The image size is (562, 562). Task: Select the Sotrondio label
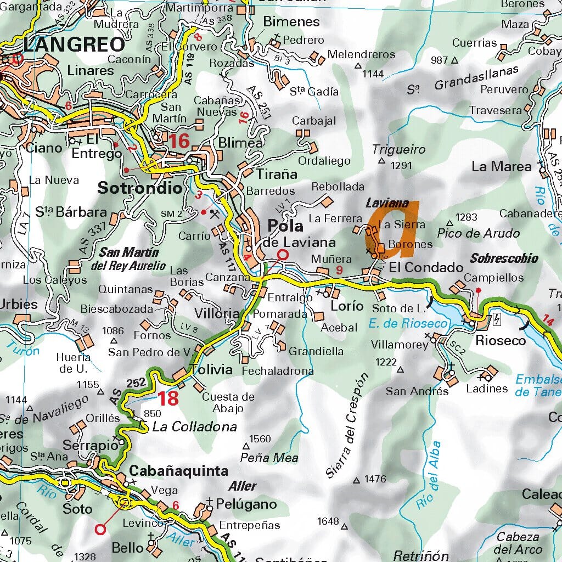pos(139,188)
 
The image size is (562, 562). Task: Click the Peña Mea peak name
pos(269,458)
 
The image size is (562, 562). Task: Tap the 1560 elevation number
pos(260,439)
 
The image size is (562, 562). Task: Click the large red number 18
pos(168,398)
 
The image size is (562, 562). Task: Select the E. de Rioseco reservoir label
pos(408,324)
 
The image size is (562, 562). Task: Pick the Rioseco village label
pos(500,340)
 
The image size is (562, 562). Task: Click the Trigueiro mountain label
pos(398,149)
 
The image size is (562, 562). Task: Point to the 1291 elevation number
pos(401,164)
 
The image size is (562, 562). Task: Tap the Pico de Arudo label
pos(478,233)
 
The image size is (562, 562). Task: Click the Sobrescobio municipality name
pos(504,258)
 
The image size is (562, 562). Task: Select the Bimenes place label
pos(291,22)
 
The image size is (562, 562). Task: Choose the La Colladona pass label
pos(194,426)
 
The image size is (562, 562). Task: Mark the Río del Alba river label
pos(429,475)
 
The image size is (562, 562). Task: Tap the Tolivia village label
pos(211,369)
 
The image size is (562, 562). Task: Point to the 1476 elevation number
pos(375,479)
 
